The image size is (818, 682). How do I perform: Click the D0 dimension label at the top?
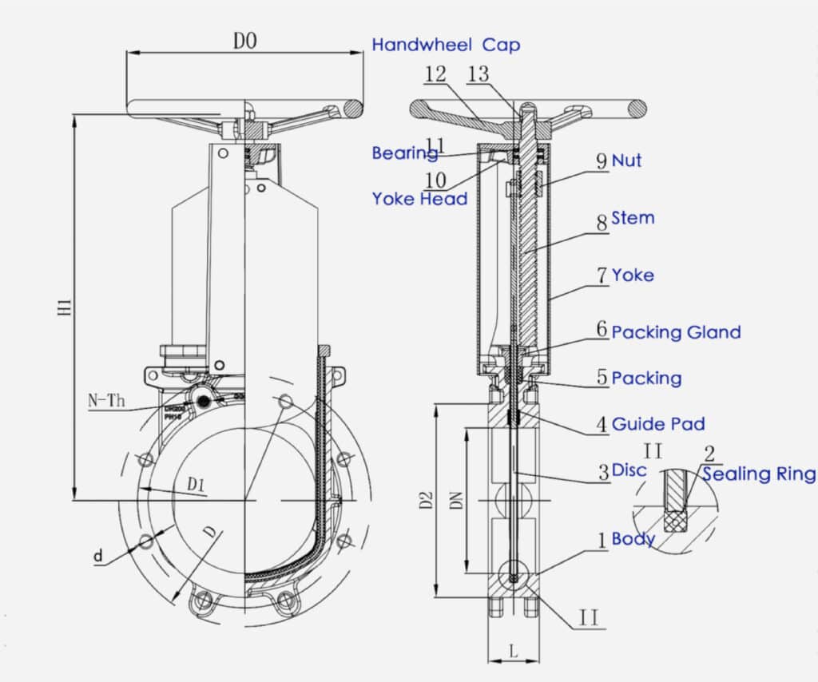point(244,42)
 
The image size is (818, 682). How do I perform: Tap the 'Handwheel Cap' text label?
point(446,45)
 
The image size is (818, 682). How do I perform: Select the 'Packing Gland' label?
point(676,332)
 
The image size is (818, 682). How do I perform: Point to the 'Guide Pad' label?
point(658,424)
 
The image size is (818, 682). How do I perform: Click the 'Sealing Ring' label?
point(759,474)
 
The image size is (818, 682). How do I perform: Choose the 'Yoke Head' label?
point(419,199)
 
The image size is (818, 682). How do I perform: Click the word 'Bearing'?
point(403,153)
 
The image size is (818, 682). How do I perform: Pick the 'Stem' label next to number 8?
point(633,217)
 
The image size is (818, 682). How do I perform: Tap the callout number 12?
point(435,74)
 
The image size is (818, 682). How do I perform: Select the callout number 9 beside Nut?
point(602,161)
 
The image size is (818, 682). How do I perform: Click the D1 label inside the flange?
point(197,484)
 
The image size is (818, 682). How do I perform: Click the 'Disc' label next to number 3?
point(629,470)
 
